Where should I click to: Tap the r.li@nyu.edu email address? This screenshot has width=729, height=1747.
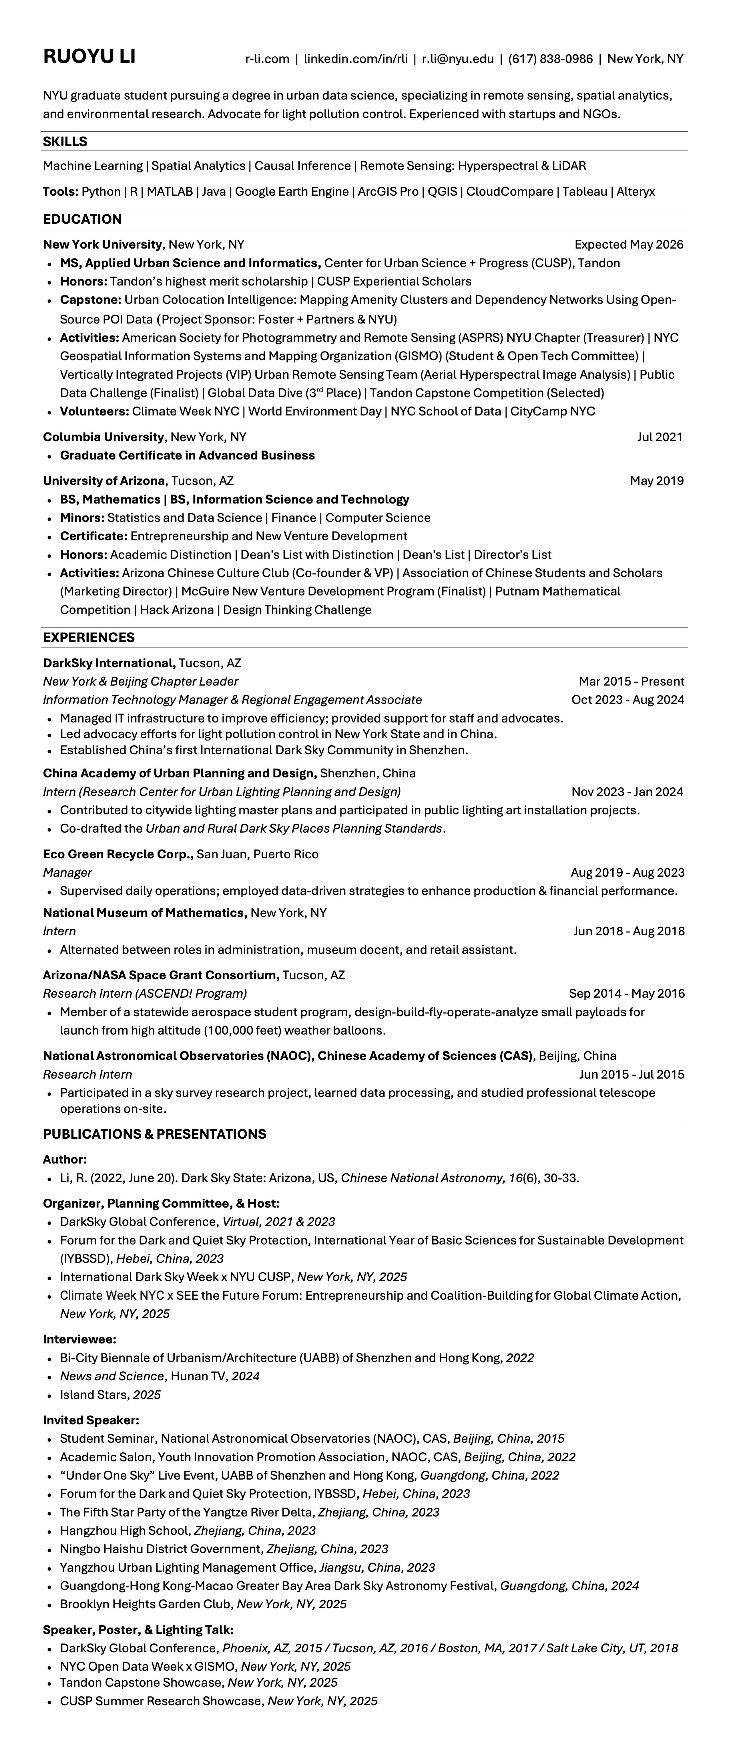(458, 59)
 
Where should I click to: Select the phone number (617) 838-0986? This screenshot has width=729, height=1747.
(550, 59)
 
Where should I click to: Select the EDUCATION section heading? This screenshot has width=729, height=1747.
(82, 219)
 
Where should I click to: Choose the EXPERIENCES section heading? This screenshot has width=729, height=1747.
(89, 638)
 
